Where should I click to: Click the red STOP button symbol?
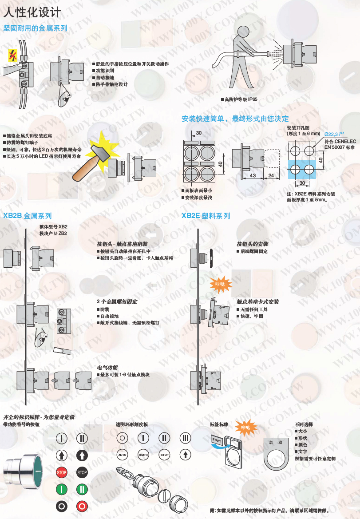[x=62, y=472]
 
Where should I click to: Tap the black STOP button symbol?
[x=82, y=472]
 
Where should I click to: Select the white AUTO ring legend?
[x=122, y=455]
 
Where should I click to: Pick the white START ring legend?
[x=143, y=455]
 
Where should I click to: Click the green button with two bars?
[x=82, y=489]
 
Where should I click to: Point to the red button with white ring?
[x=82, y=506]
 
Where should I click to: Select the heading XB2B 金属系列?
[x=28, y=216]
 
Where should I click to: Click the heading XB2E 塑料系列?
[x=206, y=216]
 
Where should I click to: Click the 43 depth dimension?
[x=253, y=176]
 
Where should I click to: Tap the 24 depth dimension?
[x=271, y=176]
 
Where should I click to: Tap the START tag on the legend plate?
[x=217, y=440]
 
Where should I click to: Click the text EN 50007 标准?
[x=340, y=147]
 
